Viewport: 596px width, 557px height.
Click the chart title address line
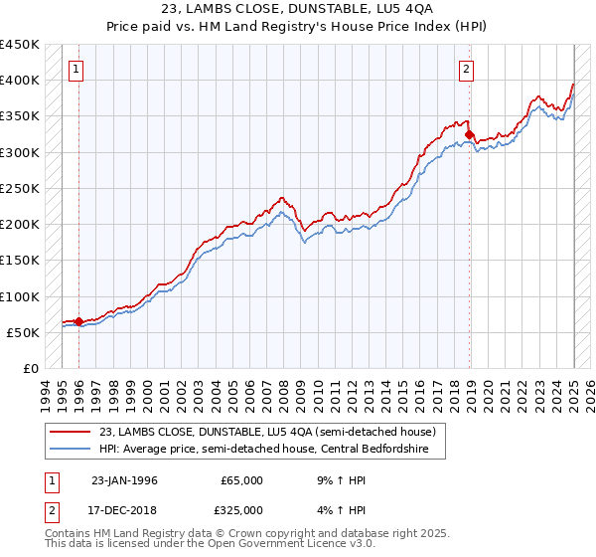tap(298, 9)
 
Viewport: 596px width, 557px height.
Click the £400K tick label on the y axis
tap(19, 81)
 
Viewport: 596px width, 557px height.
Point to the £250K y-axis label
tap(19, 188)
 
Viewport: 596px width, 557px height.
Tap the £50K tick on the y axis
tap(24, 332)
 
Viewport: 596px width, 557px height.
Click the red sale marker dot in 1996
tap(79, 321)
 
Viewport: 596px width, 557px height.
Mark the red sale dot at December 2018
tap(469, 133)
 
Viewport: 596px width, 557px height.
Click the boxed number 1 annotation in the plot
tap(77, 69)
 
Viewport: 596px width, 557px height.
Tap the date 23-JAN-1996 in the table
tap(124, 480)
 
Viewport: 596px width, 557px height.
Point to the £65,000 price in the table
tap(241, 480)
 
